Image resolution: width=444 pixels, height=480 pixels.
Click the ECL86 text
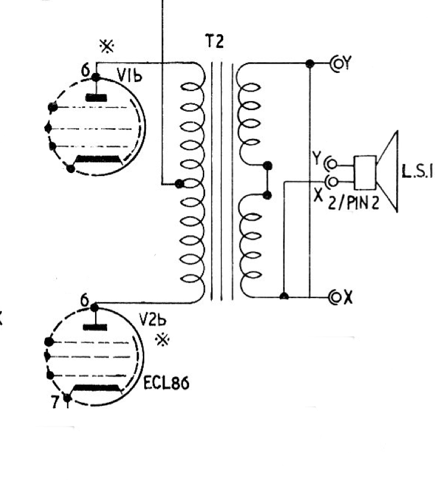click(x=166, y=384)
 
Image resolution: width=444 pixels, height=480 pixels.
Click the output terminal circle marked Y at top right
click(x=334, y=63)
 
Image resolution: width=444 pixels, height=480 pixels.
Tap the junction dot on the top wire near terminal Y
click(x=309, y=63)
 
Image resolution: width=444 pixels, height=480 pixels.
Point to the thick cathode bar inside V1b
click(x=98, y=159)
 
